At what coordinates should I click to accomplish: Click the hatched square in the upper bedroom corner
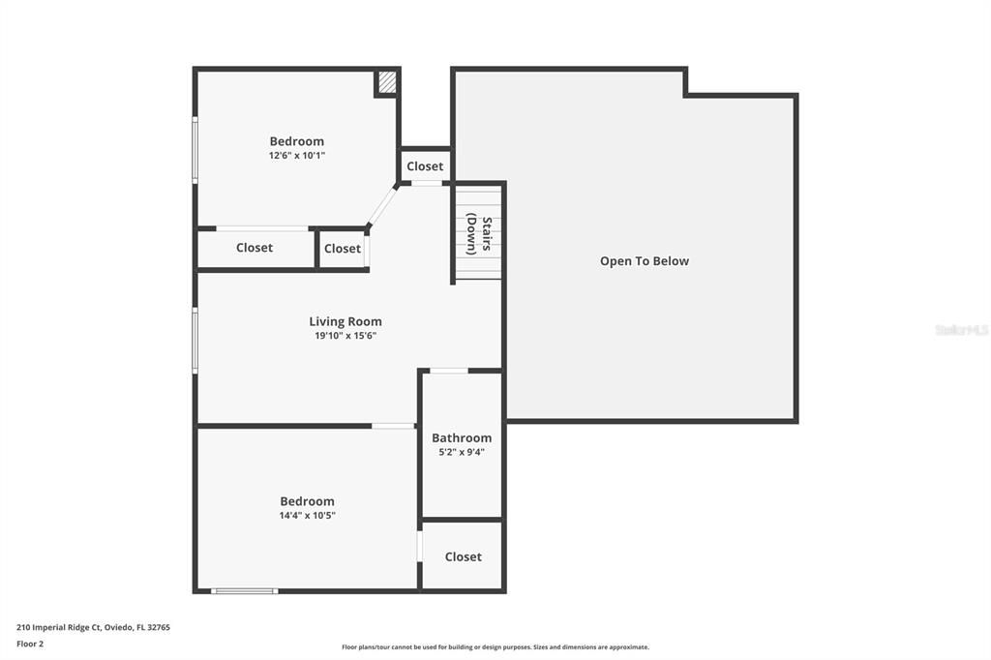(x=387, y=83)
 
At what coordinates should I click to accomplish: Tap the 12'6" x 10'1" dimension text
(x=297, y=155)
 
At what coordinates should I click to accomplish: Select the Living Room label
(x=345, y=321)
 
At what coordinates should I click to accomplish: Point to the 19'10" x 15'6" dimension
(x=345, y=336)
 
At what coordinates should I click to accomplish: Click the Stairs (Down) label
(x=479, y=234)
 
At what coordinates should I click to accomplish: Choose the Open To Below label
(x=645, y=261)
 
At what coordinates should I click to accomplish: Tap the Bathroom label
(x=462, y=437)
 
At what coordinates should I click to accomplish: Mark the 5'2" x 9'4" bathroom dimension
(x=462, y=452)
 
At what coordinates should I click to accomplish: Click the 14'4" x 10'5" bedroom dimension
(x=307, y=516)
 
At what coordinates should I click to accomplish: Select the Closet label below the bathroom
(x=463, y=556)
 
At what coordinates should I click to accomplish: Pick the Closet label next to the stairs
(x=425, y=166)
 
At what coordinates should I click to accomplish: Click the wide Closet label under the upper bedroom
(x=255, y=248)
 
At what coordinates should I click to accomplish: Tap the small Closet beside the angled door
(x=343, y=249)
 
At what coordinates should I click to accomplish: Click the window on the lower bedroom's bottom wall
(x=245, y=590)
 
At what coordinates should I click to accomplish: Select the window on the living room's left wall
(x=195, y=341)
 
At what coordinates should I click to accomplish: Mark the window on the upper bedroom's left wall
(x=195, y=150)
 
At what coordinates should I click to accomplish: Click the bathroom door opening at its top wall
(x=448, y=370)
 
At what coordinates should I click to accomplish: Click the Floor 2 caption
(x=30, y=644)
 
